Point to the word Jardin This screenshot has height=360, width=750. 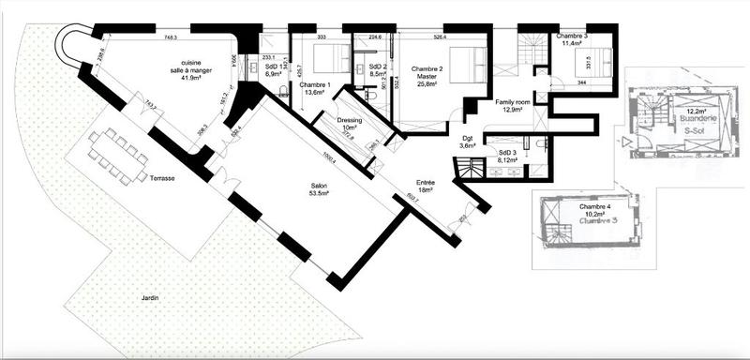tap(150, 298)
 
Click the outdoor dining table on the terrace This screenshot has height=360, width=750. tap(117, 154)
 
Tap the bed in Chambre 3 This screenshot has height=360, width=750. tap(595, 61)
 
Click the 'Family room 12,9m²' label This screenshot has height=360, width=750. tap(512, 105)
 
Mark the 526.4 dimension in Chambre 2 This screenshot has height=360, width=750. tap(437, 38)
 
